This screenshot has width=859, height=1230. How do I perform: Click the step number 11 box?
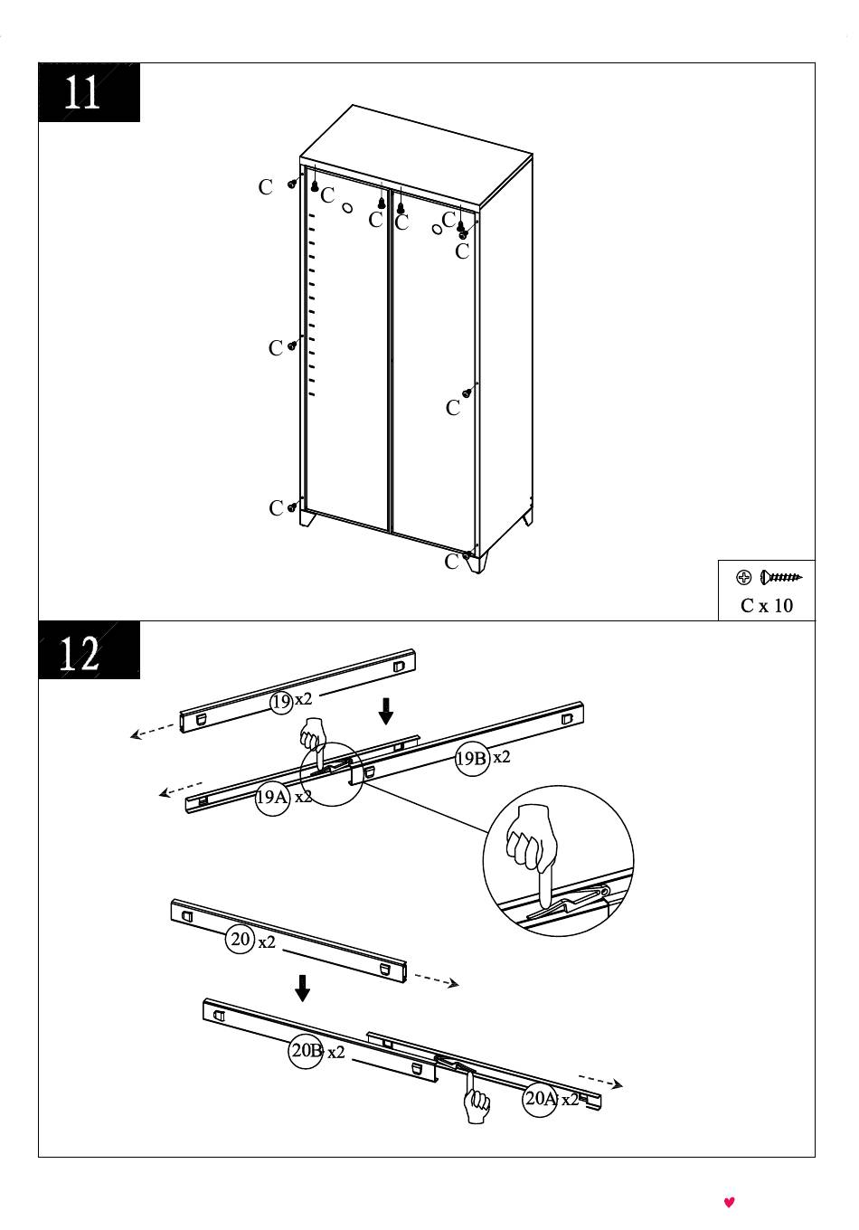89,92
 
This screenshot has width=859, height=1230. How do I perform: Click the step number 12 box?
89,650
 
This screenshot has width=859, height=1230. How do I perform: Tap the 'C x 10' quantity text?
766,605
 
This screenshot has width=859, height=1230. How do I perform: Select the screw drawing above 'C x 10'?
781,577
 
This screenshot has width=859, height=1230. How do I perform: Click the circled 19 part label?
281,702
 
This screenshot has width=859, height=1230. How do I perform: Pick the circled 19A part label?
272,797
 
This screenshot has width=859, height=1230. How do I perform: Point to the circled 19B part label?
472,759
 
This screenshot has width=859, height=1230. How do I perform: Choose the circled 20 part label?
240,939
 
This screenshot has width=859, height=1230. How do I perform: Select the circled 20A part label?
539,1098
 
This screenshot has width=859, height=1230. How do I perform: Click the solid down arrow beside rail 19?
386,711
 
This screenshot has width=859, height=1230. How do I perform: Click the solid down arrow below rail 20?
302,988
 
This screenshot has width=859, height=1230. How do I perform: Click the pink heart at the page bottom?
729,1202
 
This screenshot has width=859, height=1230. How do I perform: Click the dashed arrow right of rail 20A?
600,1080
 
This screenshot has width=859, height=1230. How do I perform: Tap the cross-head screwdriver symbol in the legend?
743,577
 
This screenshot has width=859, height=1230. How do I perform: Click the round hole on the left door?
347,208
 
